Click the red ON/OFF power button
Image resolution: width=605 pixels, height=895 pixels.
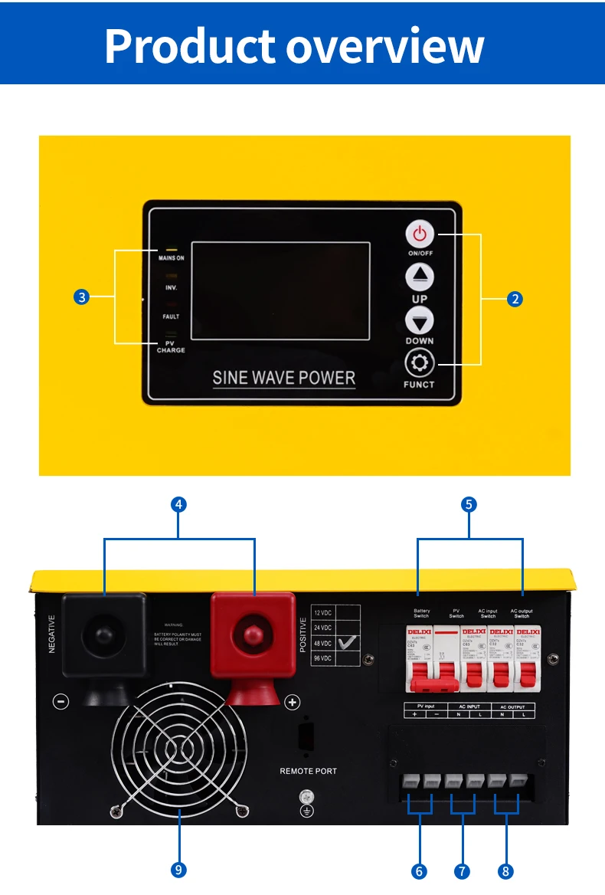click(x=419, y=234)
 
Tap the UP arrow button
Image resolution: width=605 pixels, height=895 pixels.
click(x=419, y=277)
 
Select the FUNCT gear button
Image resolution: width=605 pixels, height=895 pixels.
click(x=419, y=363)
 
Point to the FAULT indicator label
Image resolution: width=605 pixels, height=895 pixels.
click(x=171, y=316)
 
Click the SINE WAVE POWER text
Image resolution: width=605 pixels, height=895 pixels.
click(x=283, y=377)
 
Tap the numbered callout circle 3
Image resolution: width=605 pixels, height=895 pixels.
click(x=82, y=297)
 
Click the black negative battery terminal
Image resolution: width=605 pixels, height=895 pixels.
click(x=104, y=635)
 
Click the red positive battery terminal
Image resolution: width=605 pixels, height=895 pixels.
click(x=253, y=634)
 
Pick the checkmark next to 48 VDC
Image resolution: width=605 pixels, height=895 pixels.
click(x=348, y=643)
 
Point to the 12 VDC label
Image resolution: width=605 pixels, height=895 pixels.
click(x=323, y=613)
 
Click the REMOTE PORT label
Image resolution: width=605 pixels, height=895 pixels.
click(x=308, y=771)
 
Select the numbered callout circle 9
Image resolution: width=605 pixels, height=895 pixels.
click(x=178, y=870)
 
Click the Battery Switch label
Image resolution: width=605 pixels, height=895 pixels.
click(x=421, y=613)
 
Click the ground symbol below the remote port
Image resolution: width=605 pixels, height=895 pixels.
click(x=306, y=809)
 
